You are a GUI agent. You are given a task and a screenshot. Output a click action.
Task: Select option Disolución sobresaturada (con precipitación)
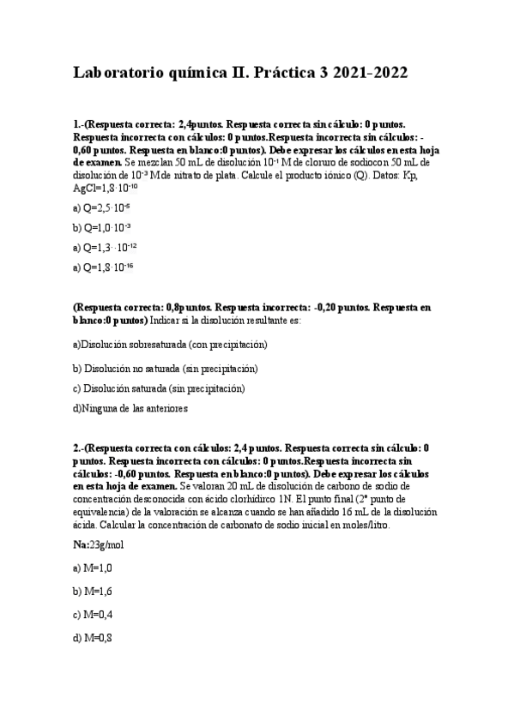click(x=171, y=345)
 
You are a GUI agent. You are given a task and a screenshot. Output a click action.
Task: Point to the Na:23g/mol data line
click(x=99, y=544)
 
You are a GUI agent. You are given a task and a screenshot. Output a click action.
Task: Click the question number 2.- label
click(x=79, y=448)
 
